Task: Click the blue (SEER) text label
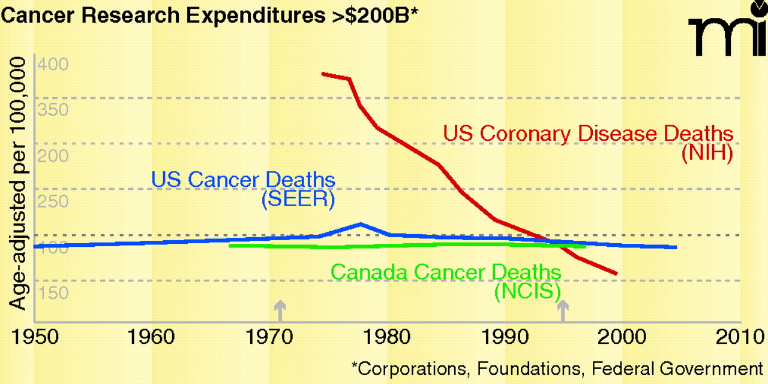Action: click(298, 199)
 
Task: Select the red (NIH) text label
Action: click(707, 153)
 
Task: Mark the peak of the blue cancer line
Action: click(360, 224)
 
